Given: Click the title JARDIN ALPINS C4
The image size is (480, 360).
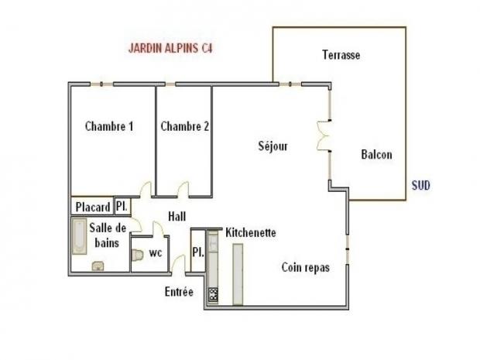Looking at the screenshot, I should [x=170, y=48].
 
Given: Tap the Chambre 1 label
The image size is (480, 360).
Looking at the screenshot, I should [x=109, y=126].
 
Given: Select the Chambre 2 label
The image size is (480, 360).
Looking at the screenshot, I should [x=184, y=126].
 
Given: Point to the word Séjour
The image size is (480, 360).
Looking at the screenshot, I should [x=273, y=146].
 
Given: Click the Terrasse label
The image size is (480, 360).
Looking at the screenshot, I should [x=341, y=55].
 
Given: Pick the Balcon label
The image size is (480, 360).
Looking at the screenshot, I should [x=376, y=154].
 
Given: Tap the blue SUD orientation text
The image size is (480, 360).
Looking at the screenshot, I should [x=420, y=186].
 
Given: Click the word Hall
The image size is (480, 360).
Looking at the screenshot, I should [x=177, y=217].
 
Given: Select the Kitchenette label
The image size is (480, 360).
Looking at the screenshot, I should [x=251, y=232].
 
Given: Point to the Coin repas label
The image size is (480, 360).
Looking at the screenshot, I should [x=305, y=268].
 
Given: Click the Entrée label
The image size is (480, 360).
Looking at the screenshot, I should [x=179, y=292].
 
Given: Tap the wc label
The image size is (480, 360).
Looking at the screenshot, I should [x=156, y=252].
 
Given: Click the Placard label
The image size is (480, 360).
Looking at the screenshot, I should [x=92, y=207].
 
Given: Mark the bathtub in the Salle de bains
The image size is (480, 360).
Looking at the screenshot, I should [x=79, y=236].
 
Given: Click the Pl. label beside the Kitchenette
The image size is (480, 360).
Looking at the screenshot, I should [x=197, y=252].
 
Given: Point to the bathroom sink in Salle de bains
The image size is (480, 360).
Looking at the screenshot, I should [x=98, y=266].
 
